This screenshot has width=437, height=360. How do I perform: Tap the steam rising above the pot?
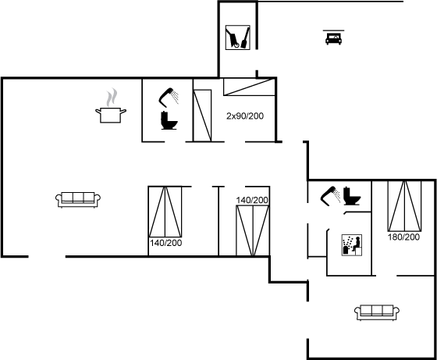[x=112, y=98]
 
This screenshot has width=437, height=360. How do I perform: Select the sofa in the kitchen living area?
[x=78, y=200]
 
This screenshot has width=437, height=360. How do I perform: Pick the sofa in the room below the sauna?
[x=377, y=312]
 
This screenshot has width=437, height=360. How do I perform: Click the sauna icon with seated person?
[x=352, y=245]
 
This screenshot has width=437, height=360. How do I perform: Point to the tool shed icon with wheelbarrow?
[x=238, y=37]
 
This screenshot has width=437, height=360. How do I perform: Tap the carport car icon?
[x=334, y=37]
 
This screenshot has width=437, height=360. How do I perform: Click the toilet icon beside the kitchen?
[x=169, y=120]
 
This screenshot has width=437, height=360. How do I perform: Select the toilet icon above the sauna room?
[x=352, y=196]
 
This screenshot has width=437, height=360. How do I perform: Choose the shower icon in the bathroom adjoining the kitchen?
[x=168, y=98]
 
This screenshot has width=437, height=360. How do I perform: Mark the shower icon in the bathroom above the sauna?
[x=330, y=196]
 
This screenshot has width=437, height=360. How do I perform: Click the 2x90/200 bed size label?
[x=245, y=116]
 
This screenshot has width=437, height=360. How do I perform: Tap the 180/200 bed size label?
[x=404, y=237]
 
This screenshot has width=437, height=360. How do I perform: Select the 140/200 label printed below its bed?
[x=166, y=243]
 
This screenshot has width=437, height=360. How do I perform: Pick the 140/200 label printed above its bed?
[x=252, y=200]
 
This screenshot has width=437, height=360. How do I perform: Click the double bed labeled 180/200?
[x=405, y=206]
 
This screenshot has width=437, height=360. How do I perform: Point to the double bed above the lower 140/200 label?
[x=165, y=212]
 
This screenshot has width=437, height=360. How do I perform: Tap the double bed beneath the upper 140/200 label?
[x=253, y=230]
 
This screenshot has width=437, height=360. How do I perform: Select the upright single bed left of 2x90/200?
[x=202, y=116]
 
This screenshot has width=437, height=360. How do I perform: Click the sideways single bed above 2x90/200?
[x=249, y=87]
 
